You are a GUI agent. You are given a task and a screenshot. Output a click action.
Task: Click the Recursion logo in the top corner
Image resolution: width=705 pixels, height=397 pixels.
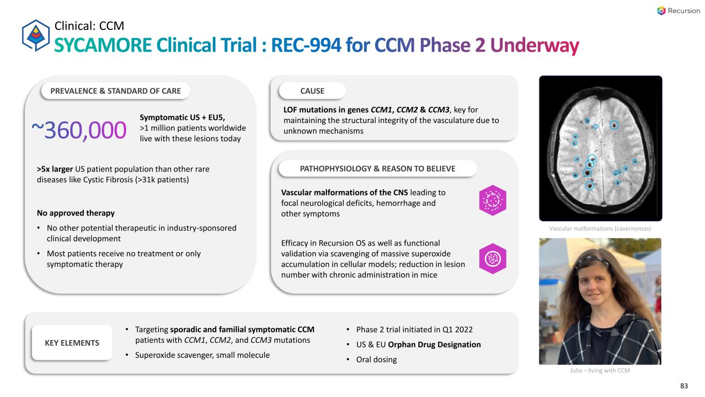coord(678,11)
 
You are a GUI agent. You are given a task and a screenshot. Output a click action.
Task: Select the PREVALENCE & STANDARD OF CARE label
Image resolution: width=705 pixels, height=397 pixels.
coord(116,91)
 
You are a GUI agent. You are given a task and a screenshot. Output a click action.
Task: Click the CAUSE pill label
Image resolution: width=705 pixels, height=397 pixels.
coord(312,91)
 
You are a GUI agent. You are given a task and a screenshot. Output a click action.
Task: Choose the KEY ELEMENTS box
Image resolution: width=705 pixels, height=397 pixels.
coord(72,343)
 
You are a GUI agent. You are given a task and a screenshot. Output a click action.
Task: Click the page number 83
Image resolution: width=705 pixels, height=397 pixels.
coord(685,386)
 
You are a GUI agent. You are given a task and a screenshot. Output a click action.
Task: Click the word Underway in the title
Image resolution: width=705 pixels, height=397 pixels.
coord(534,45)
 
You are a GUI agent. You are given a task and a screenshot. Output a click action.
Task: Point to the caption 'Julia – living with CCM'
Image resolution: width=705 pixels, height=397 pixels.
coord(600,371)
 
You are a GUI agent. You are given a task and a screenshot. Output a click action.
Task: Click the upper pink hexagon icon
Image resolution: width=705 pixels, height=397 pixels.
coord(493,200)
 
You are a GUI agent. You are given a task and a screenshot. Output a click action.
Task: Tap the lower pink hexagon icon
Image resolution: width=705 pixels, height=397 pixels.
coord(493,258)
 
